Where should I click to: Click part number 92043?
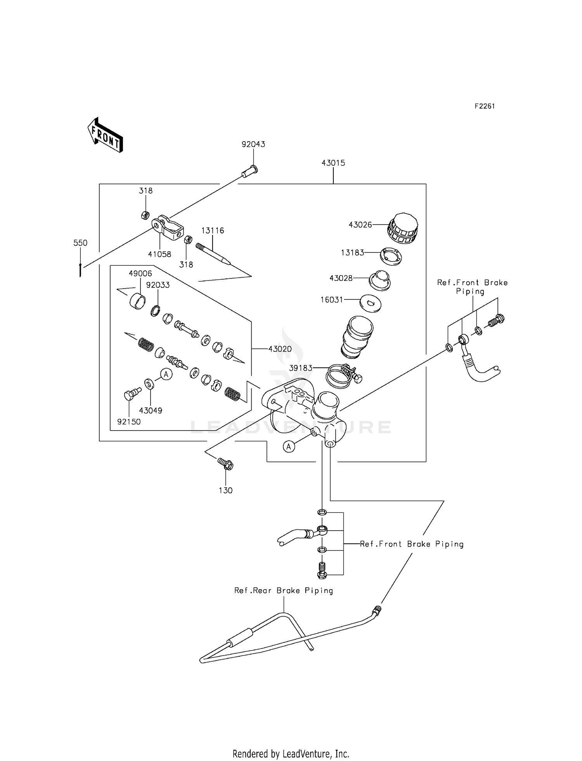coord(253,144)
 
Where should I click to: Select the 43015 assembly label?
coord(333,163)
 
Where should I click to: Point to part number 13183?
coord(352,253)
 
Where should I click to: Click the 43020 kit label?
coord(280,349)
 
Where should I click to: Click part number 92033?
coord(158,285)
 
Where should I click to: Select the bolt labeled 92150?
coord(131,394)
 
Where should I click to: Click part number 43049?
coord(151,410)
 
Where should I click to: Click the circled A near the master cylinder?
coord(288,447)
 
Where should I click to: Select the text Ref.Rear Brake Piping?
coord(283,591)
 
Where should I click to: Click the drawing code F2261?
coord(485,106)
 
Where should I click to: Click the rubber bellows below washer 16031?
coord(357,336)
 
